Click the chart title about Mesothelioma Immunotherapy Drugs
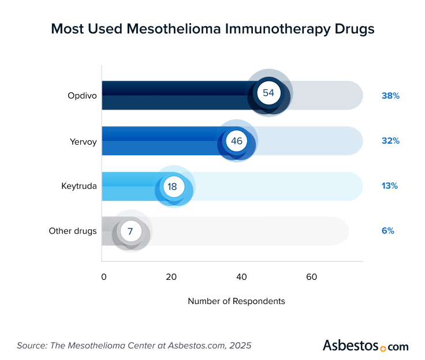point(212,29)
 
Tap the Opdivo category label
point(82,95)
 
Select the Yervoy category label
point(83,141)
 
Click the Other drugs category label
point(73,231)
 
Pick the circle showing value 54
point(269,93)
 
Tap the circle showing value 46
point(236,141)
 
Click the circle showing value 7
point(131,231)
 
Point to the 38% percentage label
point(390,96)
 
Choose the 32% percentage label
point(390,141)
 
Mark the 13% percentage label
point(390,186)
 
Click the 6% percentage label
point(387,231)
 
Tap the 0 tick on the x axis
point(104,277)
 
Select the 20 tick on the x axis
point(171,277)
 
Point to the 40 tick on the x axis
point(241,277)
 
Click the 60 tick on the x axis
point(311,277)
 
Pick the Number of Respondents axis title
point(236,301)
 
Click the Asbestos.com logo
point(365,346)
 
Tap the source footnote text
point(134,346)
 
